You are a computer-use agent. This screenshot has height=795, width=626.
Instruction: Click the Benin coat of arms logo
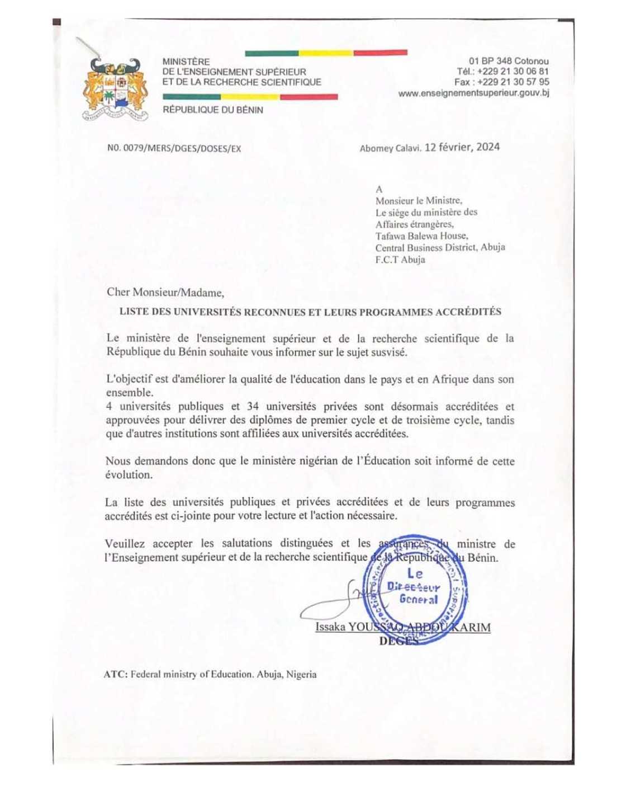click(x=116, y=90)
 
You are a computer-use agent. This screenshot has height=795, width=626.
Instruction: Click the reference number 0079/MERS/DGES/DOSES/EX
click(x=174, y=148)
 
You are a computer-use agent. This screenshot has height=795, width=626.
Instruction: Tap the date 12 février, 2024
click(x=462, y=147)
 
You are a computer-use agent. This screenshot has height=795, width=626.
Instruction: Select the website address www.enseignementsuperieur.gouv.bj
click(x=473, y=93)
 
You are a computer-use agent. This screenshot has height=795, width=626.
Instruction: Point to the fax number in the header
click(x=502, y=82)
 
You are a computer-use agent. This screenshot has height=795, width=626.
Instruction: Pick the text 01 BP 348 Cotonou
click(x=509, y=61)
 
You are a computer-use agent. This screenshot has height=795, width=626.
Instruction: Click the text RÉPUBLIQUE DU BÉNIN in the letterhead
click(x=212, y=110)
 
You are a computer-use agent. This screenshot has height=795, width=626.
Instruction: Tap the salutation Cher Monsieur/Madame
click(x=165, y=292)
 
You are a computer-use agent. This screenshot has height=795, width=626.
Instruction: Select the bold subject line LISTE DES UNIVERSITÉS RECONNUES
click(x=310, y=312)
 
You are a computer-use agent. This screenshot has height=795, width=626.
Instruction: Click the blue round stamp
click(x=416, y=587)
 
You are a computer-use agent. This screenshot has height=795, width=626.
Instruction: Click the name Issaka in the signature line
click(x=330, y=627)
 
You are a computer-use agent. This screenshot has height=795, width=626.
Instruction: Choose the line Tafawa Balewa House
click(x=421, y=236)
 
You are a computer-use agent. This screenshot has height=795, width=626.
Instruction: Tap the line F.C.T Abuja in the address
click(x=400, y=260)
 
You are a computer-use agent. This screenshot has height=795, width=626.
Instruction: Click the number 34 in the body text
click(x=253, y=407)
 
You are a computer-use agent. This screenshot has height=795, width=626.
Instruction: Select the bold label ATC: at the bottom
click(x=115, y=675)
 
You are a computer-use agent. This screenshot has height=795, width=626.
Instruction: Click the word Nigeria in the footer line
click(x=301, y=675)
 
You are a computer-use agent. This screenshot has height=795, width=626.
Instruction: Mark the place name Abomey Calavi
click(x=390, y=148)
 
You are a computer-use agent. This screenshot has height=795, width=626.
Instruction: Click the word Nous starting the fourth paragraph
click(x=118, y=462)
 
